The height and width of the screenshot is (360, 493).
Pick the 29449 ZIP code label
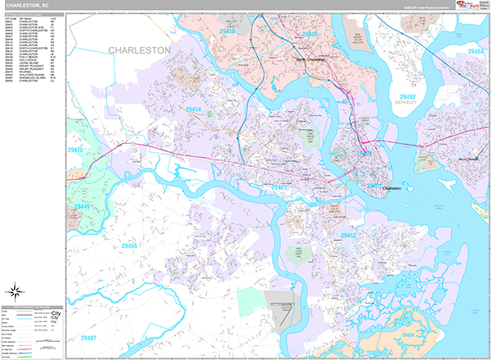pos(83,206)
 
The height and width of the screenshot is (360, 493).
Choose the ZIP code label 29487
pos(90,338)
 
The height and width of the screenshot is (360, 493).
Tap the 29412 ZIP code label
pos(348,235)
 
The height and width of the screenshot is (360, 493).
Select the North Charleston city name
pos(311,60)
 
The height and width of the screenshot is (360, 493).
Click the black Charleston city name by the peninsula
pos(391,188)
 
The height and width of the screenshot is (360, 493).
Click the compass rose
pos(14,290)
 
